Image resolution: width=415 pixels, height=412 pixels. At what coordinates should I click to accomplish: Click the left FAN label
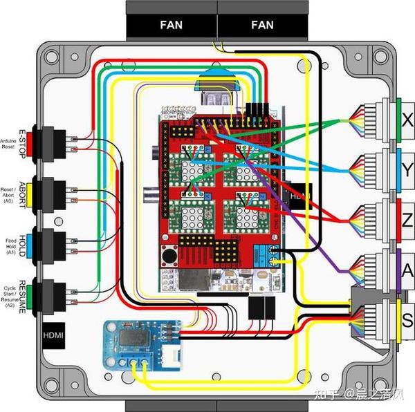172,25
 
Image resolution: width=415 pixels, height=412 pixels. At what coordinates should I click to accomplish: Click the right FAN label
262,25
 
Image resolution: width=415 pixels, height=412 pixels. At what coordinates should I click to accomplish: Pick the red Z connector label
406,220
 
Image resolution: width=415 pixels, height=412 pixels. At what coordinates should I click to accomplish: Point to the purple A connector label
406,270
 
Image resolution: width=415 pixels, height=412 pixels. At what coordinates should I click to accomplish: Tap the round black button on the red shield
168,255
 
